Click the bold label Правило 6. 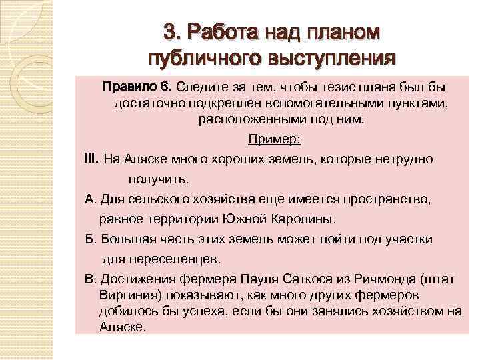pyautogui.click(x=137, y=87)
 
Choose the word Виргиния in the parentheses pyautogui.click(x=126, y=295)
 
